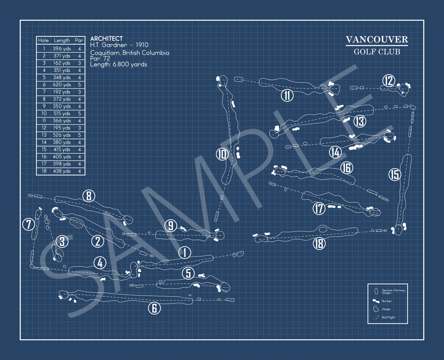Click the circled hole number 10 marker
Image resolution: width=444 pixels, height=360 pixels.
click(x=222, y=154)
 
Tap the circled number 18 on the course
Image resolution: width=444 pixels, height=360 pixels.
click(x=319, y=244)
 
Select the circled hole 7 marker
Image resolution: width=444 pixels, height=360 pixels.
click(x=28, y=224)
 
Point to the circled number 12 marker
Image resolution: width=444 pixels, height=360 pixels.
click(x=389, y=81)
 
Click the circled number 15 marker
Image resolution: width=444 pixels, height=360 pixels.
click(x=395, y=175)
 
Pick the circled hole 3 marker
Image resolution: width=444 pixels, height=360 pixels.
click(x=62, y=241)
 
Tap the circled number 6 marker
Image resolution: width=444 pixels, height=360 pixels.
click(x=154, y=308)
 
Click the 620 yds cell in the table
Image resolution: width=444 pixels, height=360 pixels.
click(x=62, y=85)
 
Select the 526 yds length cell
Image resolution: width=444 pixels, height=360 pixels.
click(x=62, y=135)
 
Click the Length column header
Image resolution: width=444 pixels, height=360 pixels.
click(x=62, y=40)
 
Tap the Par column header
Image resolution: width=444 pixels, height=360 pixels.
click(x=79, y=40)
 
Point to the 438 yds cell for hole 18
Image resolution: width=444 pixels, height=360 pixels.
click(x=62, y=171)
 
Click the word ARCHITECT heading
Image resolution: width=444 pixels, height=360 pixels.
click(x=106, y=39)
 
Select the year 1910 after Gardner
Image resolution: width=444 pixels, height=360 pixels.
click(x=142, y=45)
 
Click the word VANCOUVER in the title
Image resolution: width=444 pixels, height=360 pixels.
click(x=377, y=40)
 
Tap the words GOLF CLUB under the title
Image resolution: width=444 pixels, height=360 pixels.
click(x=377, y=52)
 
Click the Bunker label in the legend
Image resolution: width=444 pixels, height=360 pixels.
click(x=387, y=301)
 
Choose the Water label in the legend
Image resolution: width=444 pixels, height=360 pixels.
click(x=386, y=309)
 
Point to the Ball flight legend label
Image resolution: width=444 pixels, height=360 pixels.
click(x=388, y=318)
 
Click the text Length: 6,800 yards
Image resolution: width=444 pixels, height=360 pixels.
click(x=118, y=64)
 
